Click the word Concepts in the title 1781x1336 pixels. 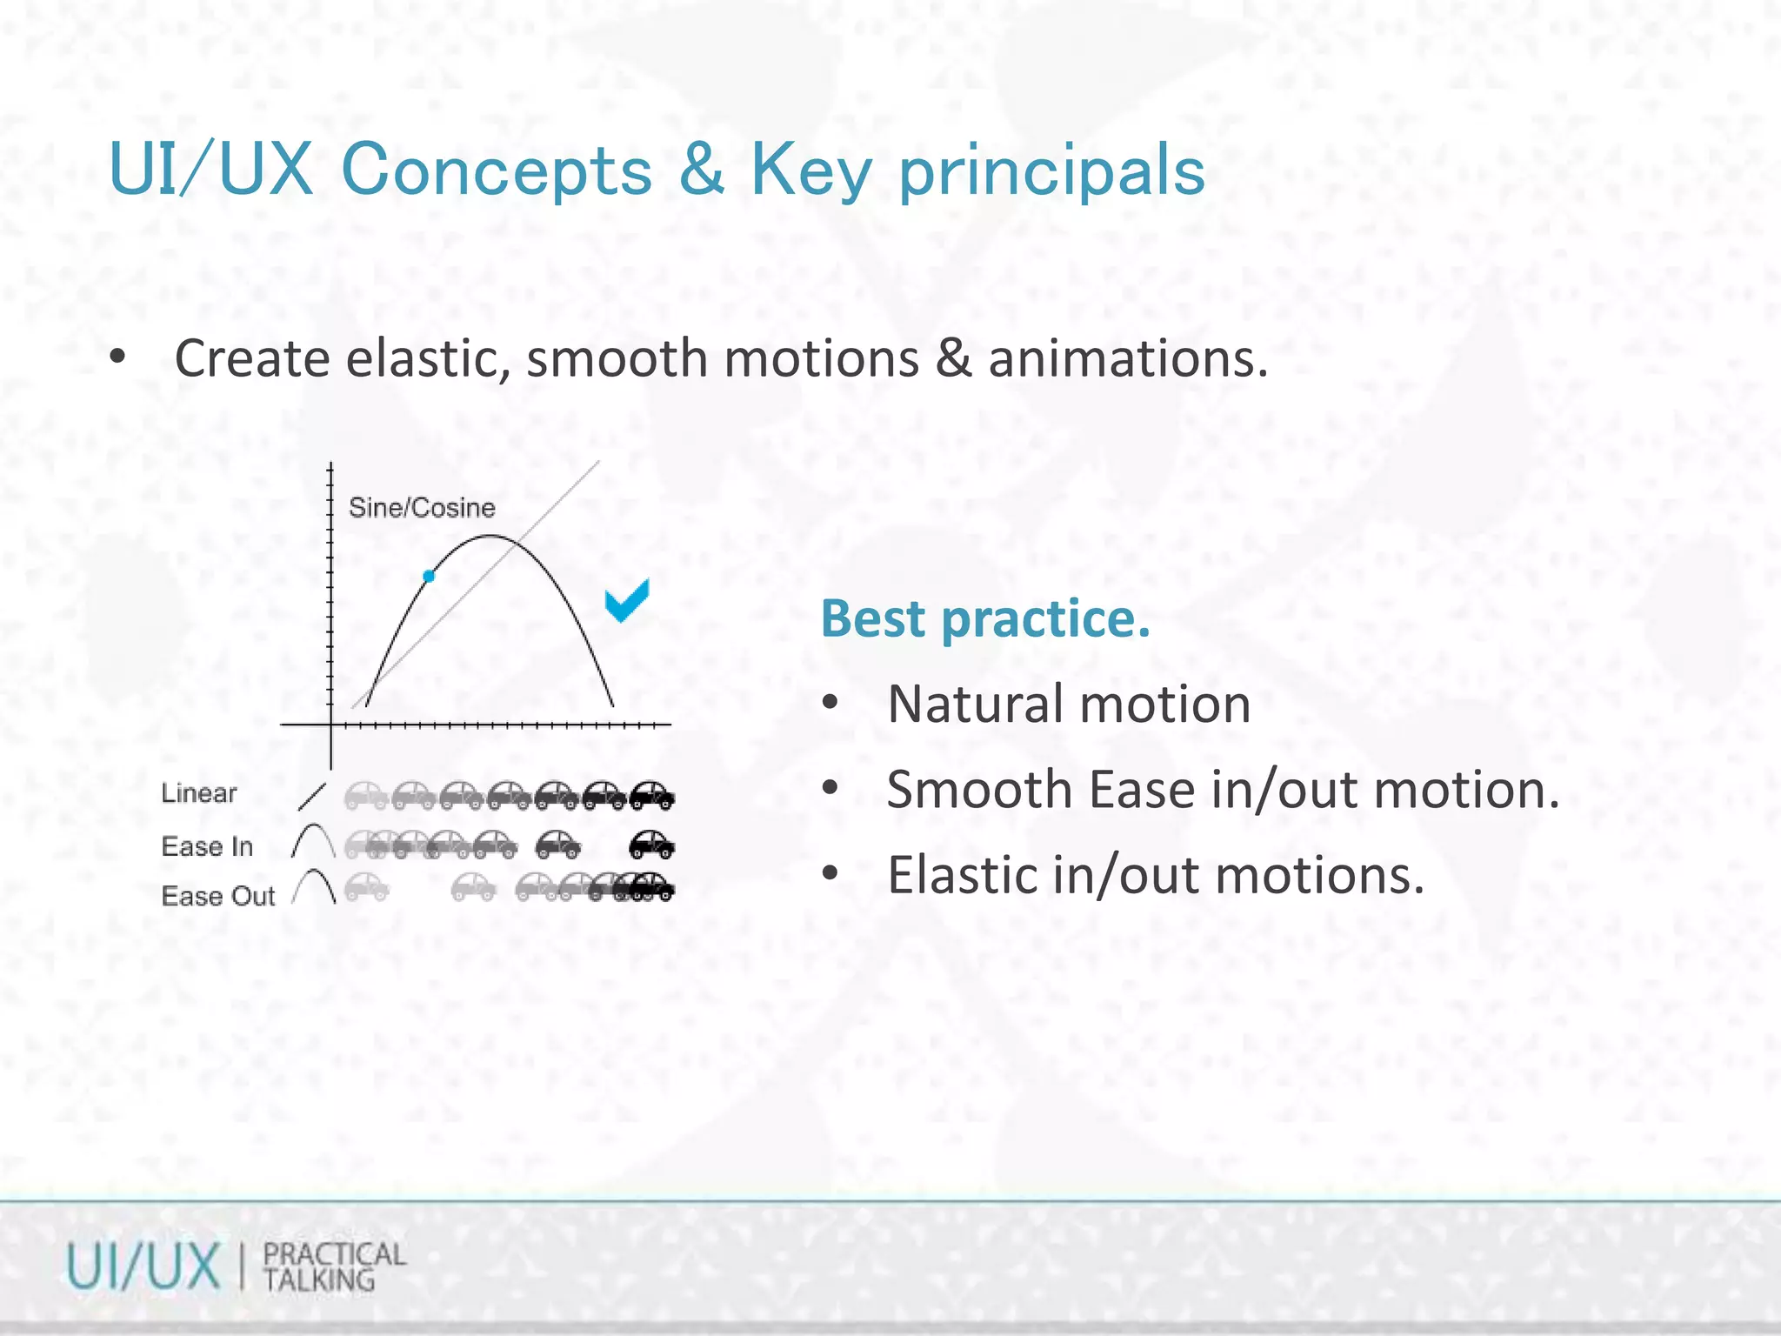(497, 170)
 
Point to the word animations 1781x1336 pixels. (1127, 358)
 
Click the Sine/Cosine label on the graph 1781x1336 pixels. (422, 508)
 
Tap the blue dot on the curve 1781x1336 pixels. (429, 576)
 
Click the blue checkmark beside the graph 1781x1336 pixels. (627, 601)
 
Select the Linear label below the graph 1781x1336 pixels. (199, 793)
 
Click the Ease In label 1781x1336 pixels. (207, 846)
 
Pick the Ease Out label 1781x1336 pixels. (218, 896)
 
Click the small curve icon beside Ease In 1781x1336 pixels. (313, 841)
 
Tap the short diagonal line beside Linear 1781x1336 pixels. (311, 797)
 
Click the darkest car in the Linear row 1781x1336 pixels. (652, 795)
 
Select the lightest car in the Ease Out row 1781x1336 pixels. (366, 887)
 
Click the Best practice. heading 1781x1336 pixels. (985, 618)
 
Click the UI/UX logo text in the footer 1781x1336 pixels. (144, 1266)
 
